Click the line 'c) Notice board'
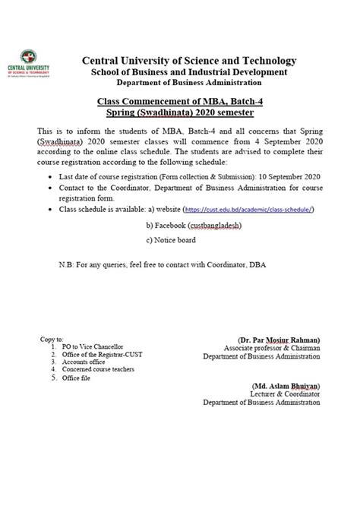point(171,240)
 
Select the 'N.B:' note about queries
point(163,265)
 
